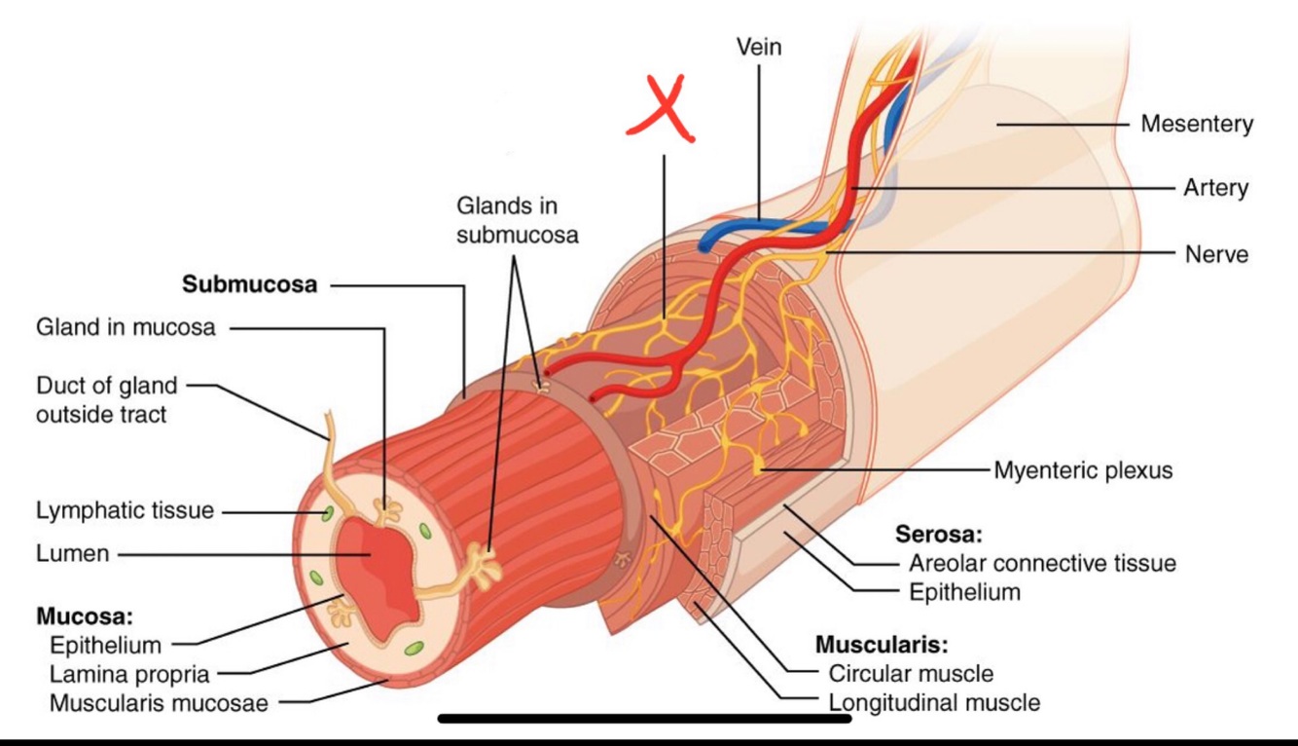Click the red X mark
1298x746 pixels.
click(662, 111)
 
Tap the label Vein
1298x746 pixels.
click(759, 47)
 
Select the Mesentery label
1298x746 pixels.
click(1197, 125)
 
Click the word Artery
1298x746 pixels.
click(1215, 187)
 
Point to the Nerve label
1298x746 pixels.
click(1216, 254)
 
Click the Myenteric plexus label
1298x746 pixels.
click(1083, 470)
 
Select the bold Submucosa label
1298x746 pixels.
click(250, 285)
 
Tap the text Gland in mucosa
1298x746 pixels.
click(126, 327)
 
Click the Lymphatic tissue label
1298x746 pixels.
click(125, 510)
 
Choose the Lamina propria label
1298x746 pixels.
click(129, 673)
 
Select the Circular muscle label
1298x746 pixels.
click(911, 673)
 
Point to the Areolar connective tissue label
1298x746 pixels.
click(1042, 563)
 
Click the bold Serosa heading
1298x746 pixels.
click(939, 534)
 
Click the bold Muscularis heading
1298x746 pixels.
click(882, 645)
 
